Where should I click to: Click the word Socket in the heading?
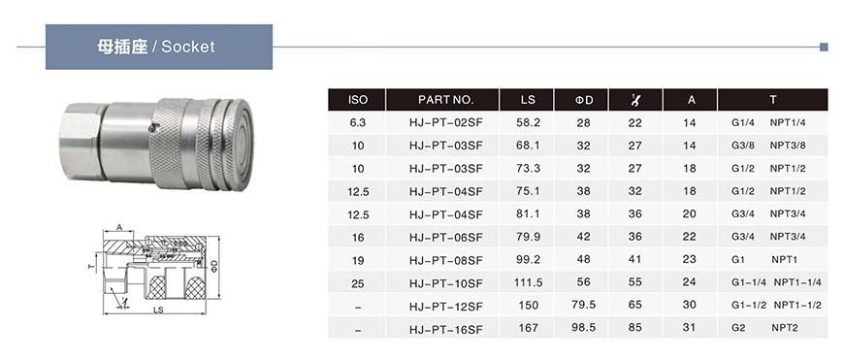click(188, 47)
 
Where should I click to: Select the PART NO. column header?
click(445, 100)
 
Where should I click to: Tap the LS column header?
click(528, 100)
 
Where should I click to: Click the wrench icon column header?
click(635, 100)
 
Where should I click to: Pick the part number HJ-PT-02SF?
click(445, 122)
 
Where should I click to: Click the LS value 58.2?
click(528, 122)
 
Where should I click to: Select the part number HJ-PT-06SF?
click(445, 238)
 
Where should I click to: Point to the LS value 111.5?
click(528, 283)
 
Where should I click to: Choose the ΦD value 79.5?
click(583, 305)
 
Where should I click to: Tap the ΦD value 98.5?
click(583, 328)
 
